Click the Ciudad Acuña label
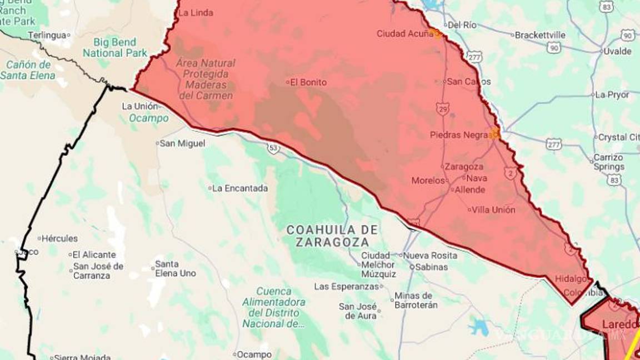click(x=404, y=34)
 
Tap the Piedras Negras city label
click(x=459, y=135)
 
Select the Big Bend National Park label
click(x=115, y=48)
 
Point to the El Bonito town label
click(x=308, y=82)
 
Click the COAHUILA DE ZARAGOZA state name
click(x=332, y=236)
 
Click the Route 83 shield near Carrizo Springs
click(x=614, y=179)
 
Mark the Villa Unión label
click(x=493, y=210)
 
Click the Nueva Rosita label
click(x=430, y=256)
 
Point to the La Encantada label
click(x=239, y=188)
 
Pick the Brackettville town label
click(x=539, y=35)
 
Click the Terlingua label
click(x=47, y=35)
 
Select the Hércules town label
click(x=59, y=238)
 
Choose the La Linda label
click(x=196, y=13)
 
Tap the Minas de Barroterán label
click(x=416, y=301)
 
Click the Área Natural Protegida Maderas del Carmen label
click(x=205, y=79)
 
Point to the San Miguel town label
click(x=182, y=143)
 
